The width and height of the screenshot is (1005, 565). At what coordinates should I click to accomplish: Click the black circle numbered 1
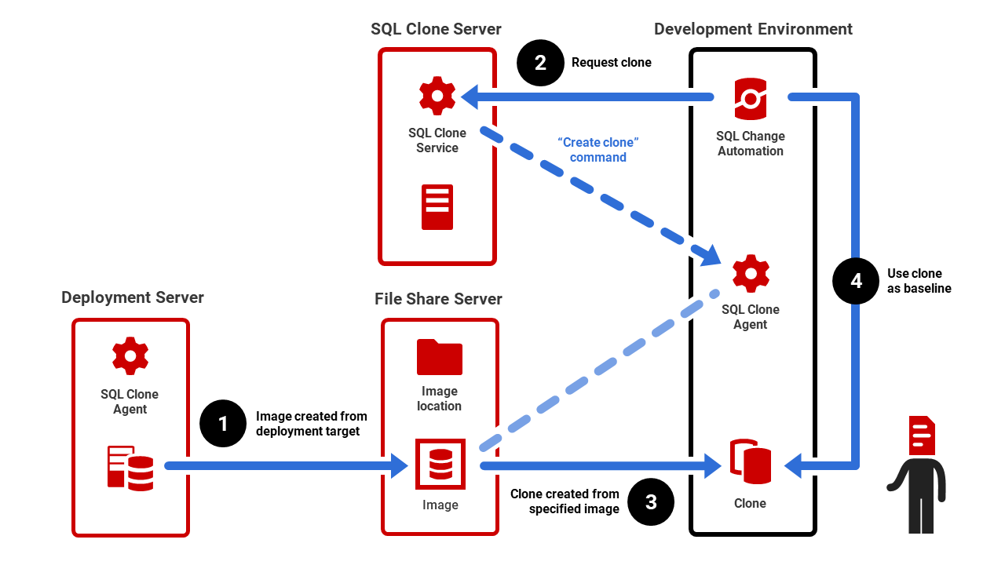[x=223, y=424]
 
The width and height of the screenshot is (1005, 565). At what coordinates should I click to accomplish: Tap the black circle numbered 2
[x=540, y=62]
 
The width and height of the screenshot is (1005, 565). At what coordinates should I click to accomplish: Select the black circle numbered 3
[x=651, y=501]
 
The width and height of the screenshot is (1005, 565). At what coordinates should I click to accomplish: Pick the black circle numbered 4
[x=857, y=280]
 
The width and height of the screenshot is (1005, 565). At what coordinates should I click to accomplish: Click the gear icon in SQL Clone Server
[x=437, y=97]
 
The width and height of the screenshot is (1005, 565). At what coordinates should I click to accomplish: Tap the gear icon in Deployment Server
[x=130, y=356]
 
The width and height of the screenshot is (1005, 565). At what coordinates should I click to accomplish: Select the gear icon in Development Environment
[x=751, y=273]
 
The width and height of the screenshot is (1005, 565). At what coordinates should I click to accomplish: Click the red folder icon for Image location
[x=439, y=357]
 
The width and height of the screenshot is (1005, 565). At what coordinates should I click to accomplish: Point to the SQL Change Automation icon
[x=751, y=99]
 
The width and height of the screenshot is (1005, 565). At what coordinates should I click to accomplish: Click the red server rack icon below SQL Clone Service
[x=437, y=207]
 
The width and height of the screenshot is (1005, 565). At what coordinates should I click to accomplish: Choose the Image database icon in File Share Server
[x=440, y=464]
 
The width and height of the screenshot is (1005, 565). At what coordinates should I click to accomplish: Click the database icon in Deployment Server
[x=130, y=468]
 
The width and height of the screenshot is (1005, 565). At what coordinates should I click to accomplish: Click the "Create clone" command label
[x=598, y=150]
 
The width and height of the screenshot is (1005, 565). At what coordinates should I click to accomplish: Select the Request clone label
[x=612, y=63]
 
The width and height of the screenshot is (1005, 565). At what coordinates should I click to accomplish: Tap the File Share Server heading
[x=438, y=299]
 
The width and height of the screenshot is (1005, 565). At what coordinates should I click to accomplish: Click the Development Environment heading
[x=753, y=29]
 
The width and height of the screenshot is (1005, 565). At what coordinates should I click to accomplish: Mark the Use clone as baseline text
[x=919, y=281]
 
